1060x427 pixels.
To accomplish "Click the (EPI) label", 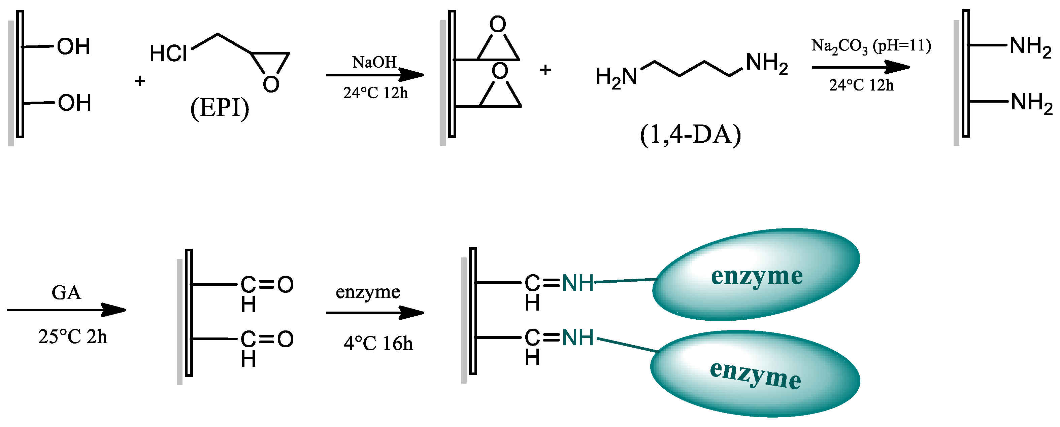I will [220, 108].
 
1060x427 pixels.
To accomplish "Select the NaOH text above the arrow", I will [374, 62].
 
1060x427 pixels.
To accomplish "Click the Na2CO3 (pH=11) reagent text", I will [871, 46].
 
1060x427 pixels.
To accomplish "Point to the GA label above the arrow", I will [66, 293].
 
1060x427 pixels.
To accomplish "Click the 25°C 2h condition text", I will [73, 337].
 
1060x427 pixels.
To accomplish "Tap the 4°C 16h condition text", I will [378, 344].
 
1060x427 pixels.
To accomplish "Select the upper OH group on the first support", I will [74, 46].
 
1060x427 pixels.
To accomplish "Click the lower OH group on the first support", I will [74, 103].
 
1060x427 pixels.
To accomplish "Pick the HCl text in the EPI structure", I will [168, 54].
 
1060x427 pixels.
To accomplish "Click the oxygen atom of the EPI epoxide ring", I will [271, 85].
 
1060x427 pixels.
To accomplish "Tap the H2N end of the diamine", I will [616, 77].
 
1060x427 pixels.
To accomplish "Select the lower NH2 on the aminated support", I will [1031, 103].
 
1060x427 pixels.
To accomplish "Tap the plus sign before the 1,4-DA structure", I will [545, 70].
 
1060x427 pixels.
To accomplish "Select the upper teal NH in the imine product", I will [578, 283].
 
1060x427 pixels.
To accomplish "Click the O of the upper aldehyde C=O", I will [285, 285].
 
